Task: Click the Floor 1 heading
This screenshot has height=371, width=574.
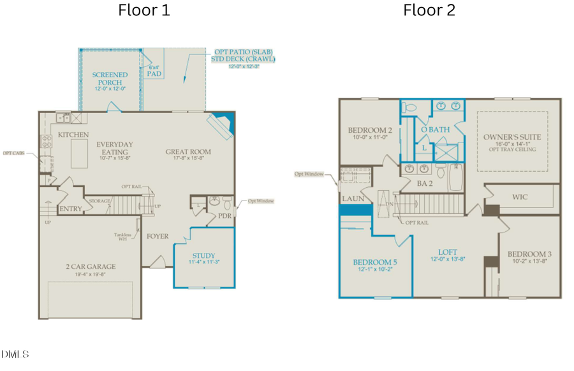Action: coord(143,10)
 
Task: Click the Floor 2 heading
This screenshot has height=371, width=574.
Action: coord(429,10)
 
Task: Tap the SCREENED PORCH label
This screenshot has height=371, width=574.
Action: coord(110,79)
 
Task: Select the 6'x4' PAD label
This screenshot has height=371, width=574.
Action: coord(154,70)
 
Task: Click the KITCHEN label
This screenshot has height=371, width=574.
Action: coord(73,135)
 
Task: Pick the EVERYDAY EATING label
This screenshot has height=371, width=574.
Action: coord(115,148)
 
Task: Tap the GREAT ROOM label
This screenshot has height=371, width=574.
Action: coord(188,152)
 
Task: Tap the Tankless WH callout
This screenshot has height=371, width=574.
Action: coord(122,236)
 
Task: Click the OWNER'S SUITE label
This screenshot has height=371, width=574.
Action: coord(511,137)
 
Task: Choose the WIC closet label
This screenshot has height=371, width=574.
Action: coord(520,197)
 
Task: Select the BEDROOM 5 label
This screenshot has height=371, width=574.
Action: coord(374,262)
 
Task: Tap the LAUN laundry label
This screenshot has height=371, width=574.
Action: coord(353,199)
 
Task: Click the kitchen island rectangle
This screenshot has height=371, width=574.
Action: coord(78,155)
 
